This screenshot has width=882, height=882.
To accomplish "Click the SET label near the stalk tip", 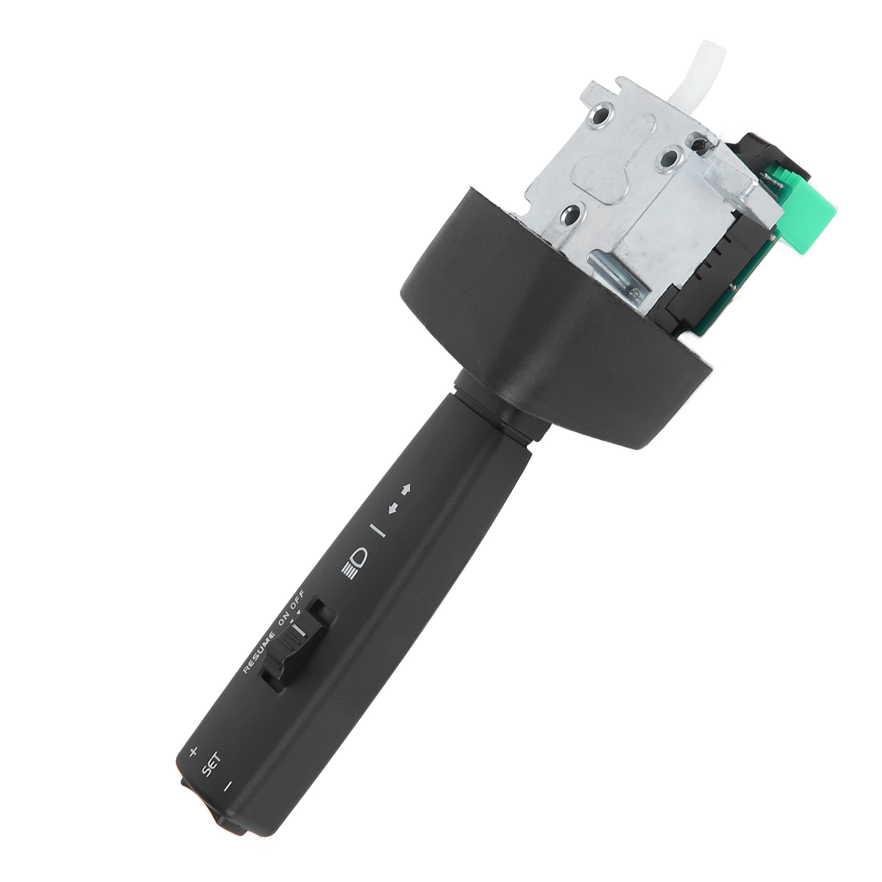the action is pos(211,765).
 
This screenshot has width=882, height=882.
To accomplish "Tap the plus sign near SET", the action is pos(193,752).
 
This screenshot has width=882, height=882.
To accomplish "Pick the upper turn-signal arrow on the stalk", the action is pos(406,488).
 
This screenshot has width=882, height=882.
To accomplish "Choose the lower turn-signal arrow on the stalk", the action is pos(393,508).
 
